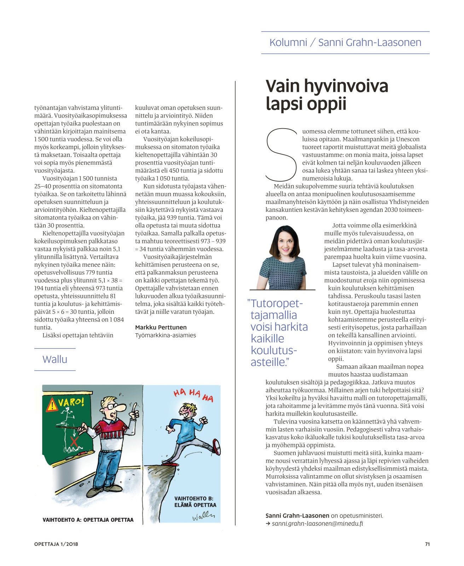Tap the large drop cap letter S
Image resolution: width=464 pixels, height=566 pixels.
(282, 155)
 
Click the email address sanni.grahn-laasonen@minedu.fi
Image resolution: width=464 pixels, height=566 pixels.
(317, 523)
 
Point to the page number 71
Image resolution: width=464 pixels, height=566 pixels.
(427, 544)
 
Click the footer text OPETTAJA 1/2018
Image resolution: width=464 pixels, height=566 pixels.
(56, 544)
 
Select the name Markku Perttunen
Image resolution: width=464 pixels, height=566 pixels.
(161, 327)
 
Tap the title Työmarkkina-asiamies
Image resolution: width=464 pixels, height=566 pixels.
(165, 335)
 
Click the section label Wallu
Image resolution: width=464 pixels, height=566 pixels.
(55, 360)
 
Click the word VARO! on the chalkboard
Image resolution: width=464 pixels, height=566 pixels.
(71, 402)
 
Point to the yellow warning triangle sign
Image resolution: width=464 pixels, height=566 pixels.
(52, 404)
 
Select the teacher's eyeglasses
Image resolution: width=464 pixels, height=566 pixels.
(112, 407)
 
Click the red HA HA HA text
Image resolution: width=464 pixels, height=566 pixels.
(193, 395)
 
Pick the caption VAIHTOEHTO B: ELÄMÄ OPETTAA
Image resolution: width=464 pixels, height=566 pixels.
(195, 502)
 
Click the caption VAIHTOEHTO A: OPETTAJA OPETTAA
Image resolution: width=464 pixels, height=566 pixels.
(88, 520)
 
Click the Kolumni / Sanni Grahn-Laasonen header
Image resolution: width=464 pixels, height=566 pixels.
(345, 43)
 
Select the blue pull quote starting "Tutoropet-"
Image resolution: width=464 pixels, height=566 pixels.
(277, 333)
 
